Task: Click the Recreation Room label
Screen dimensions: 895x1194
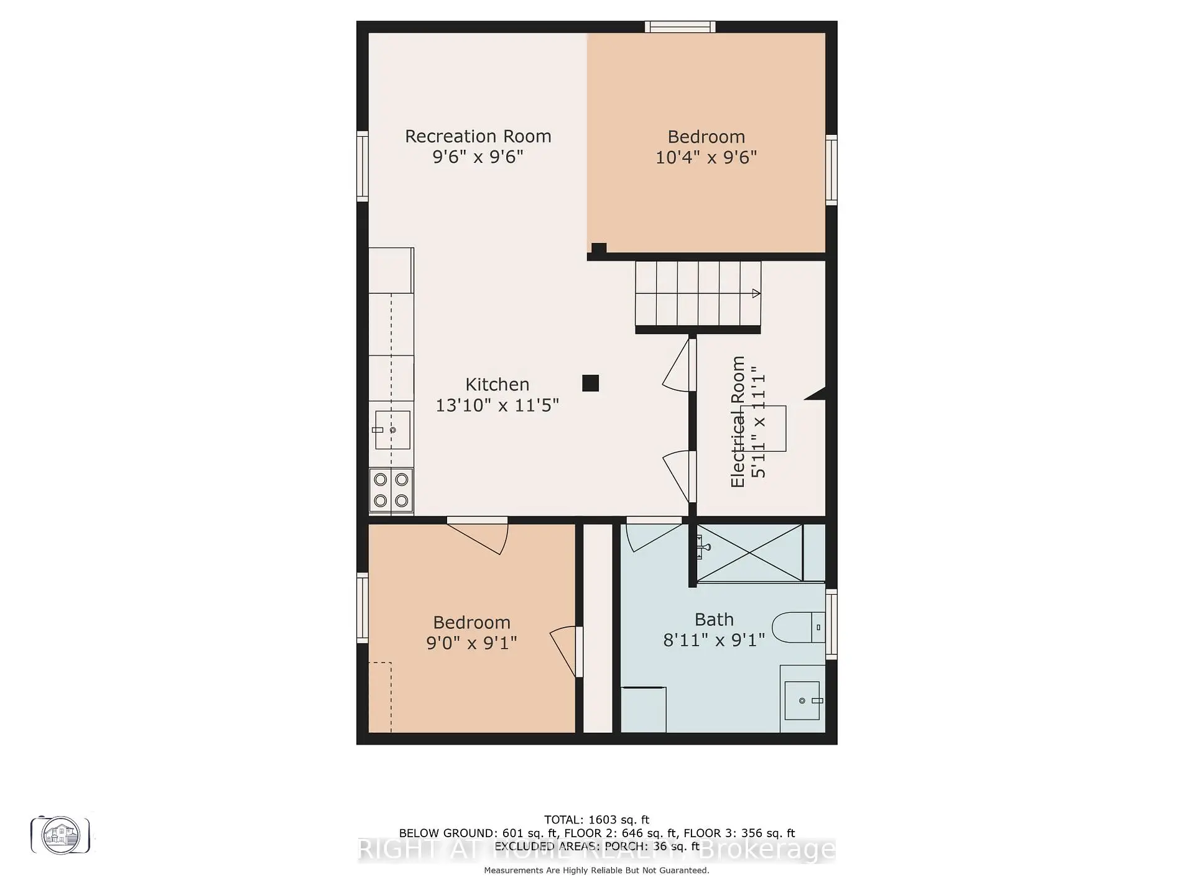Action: click(x=478, y=136)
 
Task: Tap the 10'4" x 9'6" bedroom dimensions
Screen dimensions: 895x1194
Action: click(x=706, y=157)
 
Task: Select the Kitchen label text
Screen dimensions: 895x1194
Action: click(x=497, y=384)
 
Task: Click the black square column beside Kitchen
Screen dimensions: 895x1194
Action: click(x=590, y=383)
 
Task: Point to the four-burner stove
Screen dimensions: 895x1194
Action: click(x=391, y=490)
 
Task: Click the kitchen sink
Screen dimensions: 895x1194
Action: click(x=392, y=429)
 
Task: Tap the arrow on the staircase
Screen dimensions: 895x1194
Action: click(x=756, y=293)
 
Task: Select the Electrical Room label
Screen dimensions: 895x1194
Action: click(x=738, y=421)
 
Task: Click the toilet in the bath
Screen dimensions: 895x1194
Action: click(x=798, y=628)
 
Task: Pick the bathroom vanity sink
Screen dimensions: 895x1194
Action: click(x=802, y=700)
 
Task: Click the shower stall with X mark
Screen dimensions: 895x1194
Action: click(x=749, y=553)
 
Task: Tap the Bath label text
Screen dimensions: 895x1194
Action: click(x=714, y=620)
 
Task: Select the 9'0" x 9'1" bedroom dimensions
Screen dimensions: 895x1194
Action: click(x=471, y=643)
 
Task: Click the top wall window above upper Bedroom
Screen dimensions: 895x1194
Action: click(x=680, y=27)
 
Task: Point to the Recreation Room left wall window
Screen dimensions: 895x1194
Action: click(x=362, y=166)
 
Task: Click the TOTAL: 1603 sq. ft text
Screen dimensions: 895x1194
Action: click(x=596, y=820)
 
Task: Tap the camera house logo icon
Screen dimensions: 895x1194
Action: click(x=60, y=835)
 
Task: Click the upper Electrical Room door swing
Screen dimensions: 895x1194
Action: click(x=678, y=367)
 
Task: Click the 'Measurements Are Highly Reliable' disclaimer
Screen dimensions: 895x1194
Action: click(x=596, y=870)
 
